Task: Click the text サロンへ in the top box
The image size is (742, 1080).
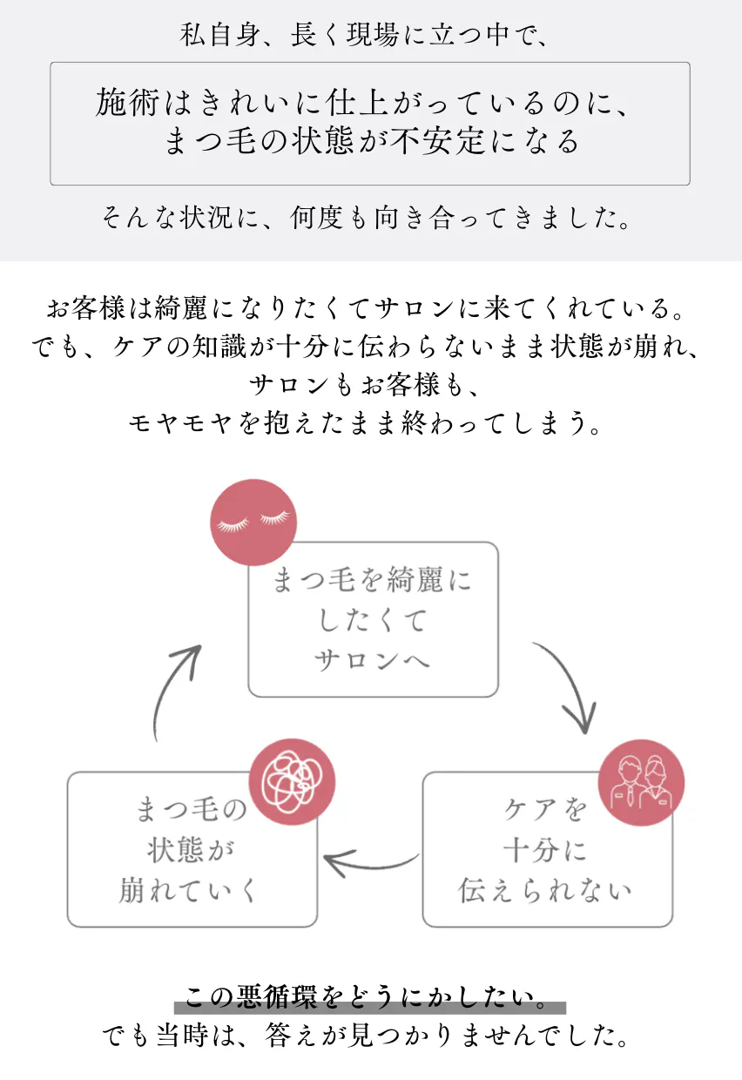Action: pyautogui.click(x=373, y=660)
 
